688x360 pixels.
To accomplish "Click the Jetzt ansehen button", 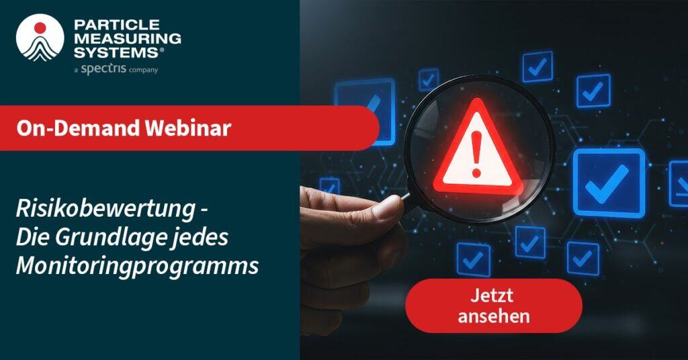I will (x=494, y=306).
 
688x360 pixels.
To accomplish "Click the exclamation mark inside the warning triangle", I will (x=478, y=151).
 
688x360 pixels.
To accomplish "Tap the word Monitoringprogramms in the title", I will (x=138, y=265).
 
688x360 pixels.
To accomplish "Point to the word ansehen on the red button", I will (x=494, y=315).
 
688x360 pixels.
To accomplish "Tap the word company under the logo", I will (x=144, y=69).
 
